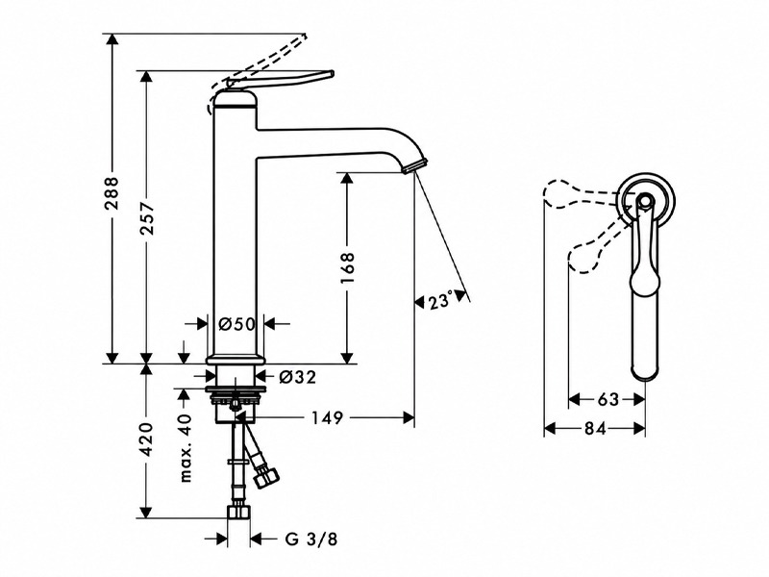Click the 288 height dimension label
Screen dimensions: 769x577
tap(112, 193)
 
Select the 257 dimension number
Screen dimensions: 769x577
tap(146, 217)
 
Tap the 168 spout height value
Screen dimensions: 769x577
tap(347, 267)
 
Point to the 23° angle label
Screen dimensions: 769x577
tap(440, 301)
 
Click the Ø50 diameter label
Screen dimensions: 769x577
tap(236, 324)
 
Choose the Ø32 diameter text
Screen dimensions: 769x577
tap(298, 377)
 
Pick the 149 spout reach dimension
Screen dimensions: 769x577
tap(328, 418)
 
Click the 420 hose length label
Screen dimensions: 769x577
tap(146, 438)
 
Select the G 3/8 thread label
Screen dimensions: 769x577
tap(310, 539)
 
